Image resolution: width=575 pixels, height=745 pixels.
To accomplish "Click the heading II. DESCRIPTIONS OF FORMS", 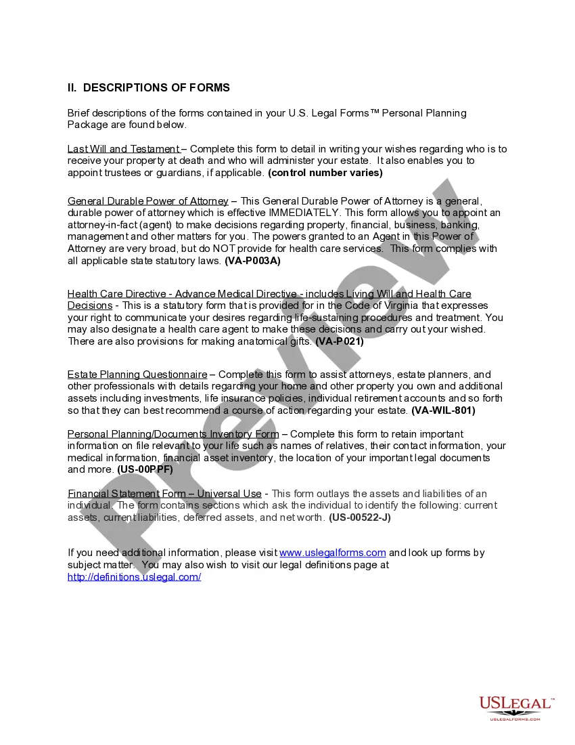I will click(x=149, y=88).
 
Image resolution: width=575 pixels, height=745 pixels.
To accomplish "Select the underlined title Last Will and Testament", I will click(x=123, y=149).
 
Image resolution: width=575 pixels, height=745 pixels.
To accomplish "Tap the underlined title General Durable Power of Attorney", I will click(x=147, y=201).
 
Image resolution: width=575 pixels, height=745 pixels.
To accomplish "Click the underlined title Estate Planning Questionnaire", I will click(x=137, y=375).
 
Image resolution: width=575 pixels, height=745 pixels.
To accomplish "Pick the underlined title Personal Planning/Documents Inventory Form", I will click(x=173, y=434).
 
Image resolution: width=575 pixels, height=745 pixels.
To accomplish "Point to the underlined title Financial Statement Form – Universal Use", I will click(x=164, y=494).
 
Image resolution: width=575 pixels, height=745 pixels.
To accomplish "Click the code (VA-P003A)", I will click(x=252, y=260).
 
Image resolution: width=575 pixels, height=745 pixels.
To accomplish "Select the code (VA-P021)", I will click(x=340, y=342).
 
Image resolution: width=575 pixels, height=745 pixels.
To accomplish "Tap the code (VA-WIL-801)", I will click(x=443, y=410).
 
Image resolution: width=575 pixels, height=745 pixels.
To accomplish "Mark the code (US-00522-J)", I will click(x=360, y=517).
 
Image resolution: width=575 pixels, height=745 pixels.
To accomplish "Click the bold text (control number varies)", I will click(x=325, y=173).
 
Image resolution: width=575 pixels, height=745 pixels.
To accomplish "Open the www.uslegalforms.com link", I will click(x=332, y=553).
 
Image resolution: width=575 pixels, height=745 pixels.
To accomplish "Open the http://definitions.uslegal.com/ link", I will click(x=134, y=577).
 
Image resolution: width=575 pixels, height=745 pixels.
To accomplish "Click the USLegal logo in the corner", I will click(x=515, y=706).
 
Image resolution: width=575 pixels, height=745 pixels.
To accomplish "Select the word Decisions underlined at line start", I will click(x=90, y=306).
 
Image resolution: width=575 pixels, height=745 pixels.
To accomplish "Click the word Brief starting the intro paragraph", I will click(x=79, y=113).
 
